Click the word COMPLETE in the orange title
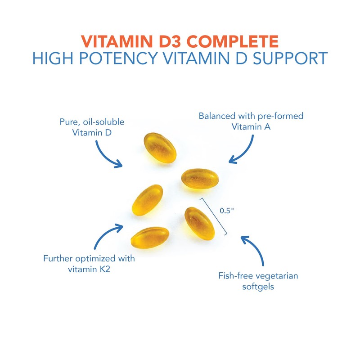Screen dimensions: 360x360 (232, 41)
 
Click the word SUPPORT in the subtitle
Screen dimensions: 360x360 (290, 58)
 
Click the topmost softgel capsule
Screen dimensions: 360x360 (160, 148)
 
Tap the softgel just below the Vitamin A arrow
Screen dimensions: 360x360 (200, 179)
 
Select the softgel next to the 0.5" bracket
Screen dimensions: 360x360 (199, 223)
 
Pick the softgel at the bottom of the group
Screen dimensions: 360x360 (150, 238)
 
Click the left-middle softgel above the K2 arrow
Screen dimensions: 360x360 (148, 200)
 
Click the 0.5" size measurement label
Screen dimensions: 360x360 (227, 211)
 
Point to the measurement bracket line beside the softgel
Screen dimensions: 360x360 (213, 216)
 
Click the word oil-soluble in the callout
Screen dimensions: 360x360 (103, 121)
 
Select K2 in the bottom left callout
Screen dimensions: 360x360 (105, 269)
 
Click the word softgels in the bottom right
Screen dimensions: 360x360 (258, 287)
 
